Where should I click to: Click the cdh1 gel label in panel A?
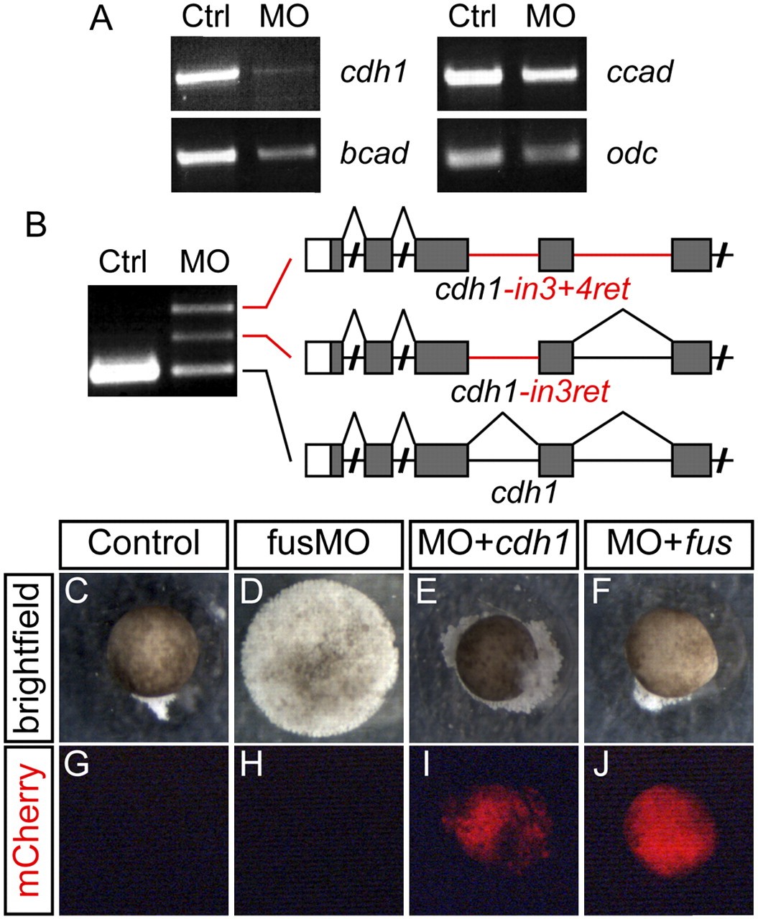tap(373, 73)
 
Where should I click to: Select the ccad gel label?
tap(639, 73)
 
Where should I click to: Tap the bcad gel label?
tap(374, 153)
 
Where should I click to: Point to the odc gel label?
tap(632, 153)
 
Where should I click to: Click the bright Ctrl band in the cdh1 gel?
tap(206, 78)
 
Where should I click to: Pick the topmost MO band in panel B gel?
tap(203, 308)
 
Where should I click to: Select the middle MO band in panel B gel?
tap(203, 337)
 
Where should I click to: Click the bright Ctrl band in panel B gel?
tap(124, 373)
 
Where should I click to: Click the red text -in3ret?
tap(565, 391)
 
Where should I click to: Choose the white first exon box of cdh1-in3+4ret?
tap(318, 255)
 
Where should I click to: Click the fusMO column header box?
tap(319, 544)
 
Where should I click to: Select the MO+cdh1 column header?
tap(494, 544)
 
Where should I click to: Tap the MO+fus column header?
tap(669, 544)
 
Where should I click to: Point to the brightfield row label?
tap(28, 657)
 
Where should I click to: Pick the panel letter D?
tap(251, 591)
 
